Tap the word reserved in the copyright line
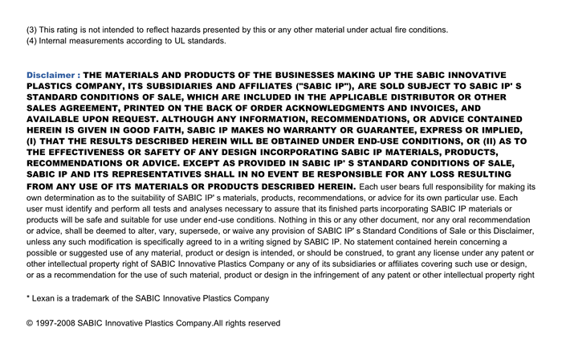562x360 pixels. click(263, 323)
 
